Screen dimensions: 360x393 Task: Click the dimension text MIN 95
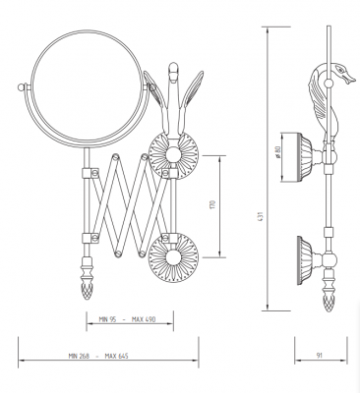(107, 319)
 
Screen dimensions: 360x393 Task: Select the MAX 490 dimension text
(144, 319)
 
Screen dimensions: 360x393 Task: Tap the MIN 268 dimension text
(79, 356)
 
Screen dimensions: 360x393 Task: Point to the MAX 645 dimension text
(116, 356)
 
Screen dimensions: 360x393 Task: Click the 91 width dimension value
(320, 356)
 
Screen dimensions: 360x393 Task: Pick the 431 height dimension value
(261, 216)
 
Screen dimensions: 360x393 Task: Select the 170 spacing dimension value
(212, 205)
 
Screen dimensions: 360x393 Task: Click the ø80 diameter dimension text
(278, 152)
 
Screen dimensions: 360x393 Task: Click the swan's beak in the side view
(350, 78)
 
